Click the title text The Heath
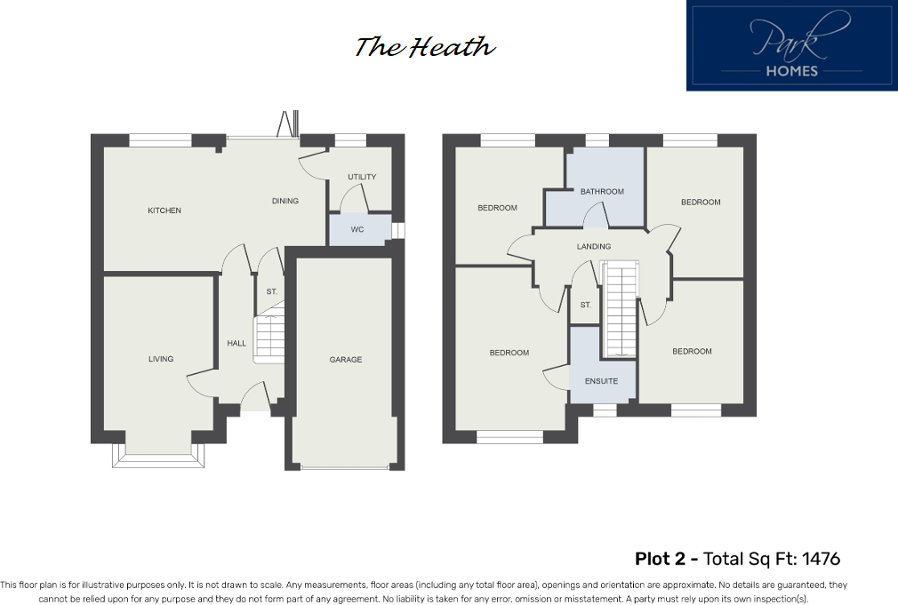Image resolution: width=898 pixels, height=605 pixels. point(425,47)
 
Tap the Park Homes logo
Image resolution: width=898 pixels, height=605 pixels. point(791,46)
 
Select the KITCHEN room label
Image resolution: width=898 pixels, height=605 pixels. point(164,211)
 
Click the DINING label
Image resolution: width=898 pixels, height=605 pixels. point(285,201)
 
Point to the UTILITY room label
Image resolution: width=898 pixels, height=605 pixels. point(362,177)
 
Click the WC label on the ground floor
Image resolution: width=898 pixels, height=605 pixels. point(357,229)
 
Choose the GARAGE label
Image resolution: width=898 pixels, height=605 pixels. point(346,360)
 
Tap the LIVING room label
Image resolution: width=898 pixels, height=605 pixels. point(161,359)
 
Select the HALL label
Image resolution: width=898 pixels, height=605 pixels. point(237,343)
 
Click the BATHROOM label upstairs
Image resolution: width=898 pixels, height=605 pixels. point(602,192)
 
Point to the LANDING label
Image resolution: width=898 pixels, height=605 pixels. point(593,246)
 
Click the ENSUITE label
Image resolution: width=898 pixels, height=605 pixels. point(601,381)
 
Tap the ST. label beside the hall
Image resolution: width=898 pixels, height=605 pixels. point(271,291)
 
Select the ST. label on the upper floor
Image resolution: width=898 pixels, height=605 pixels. point(585,305)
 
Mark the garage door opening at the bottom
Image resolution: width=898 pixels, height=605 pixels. point(346,466)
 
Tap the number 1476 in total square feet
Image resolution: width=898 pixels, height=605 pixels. point(821,559)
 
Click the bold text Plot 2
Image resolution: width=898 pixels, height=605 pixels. point(665,559)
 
